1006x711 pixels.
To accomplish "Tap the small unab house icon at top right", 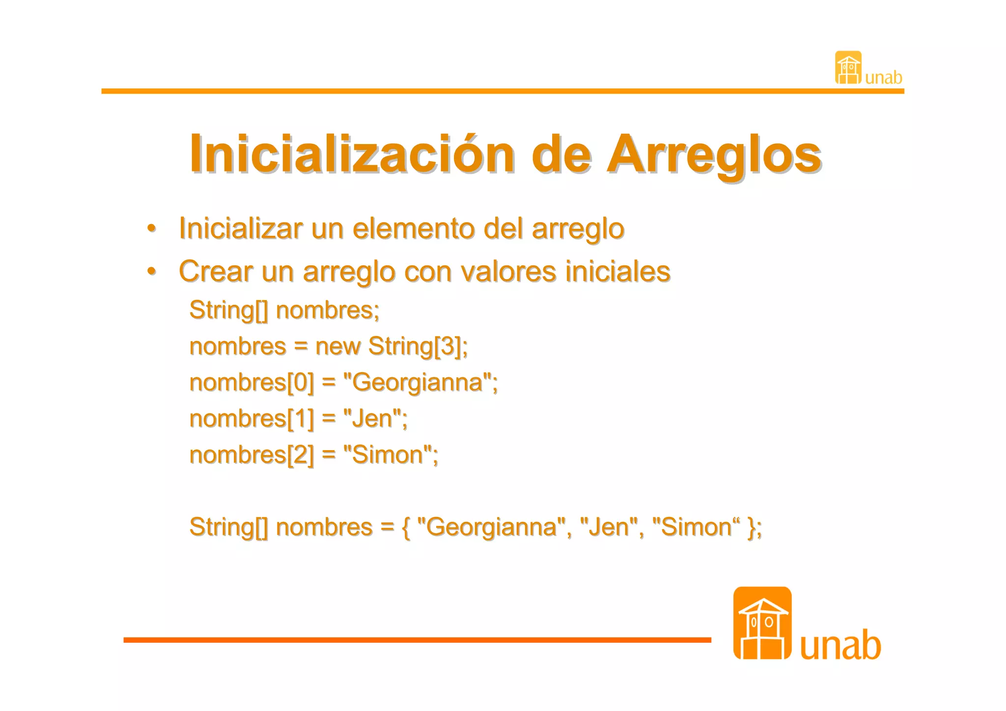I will (x=848, y=68).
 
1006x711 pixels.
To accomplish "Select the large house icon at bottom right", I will (x=762, y=623).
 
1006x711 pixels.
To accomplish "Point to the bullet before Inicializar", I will (x=152, y=228).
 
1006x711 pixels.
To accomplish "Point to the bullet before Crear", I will (x=152, y=271).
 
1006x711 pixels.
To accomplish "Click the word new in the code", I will (x=337, y=346).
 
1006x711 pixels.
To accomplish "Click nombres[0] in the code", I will (x=251, y=383).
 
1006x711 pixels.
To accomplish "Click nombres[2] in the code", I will (x=251, y=455).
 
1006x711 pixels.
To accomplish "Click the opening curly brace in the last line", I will (x=406, y=528).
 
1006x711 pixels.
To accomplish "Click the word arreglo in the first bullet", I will (x=578, y=229).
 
